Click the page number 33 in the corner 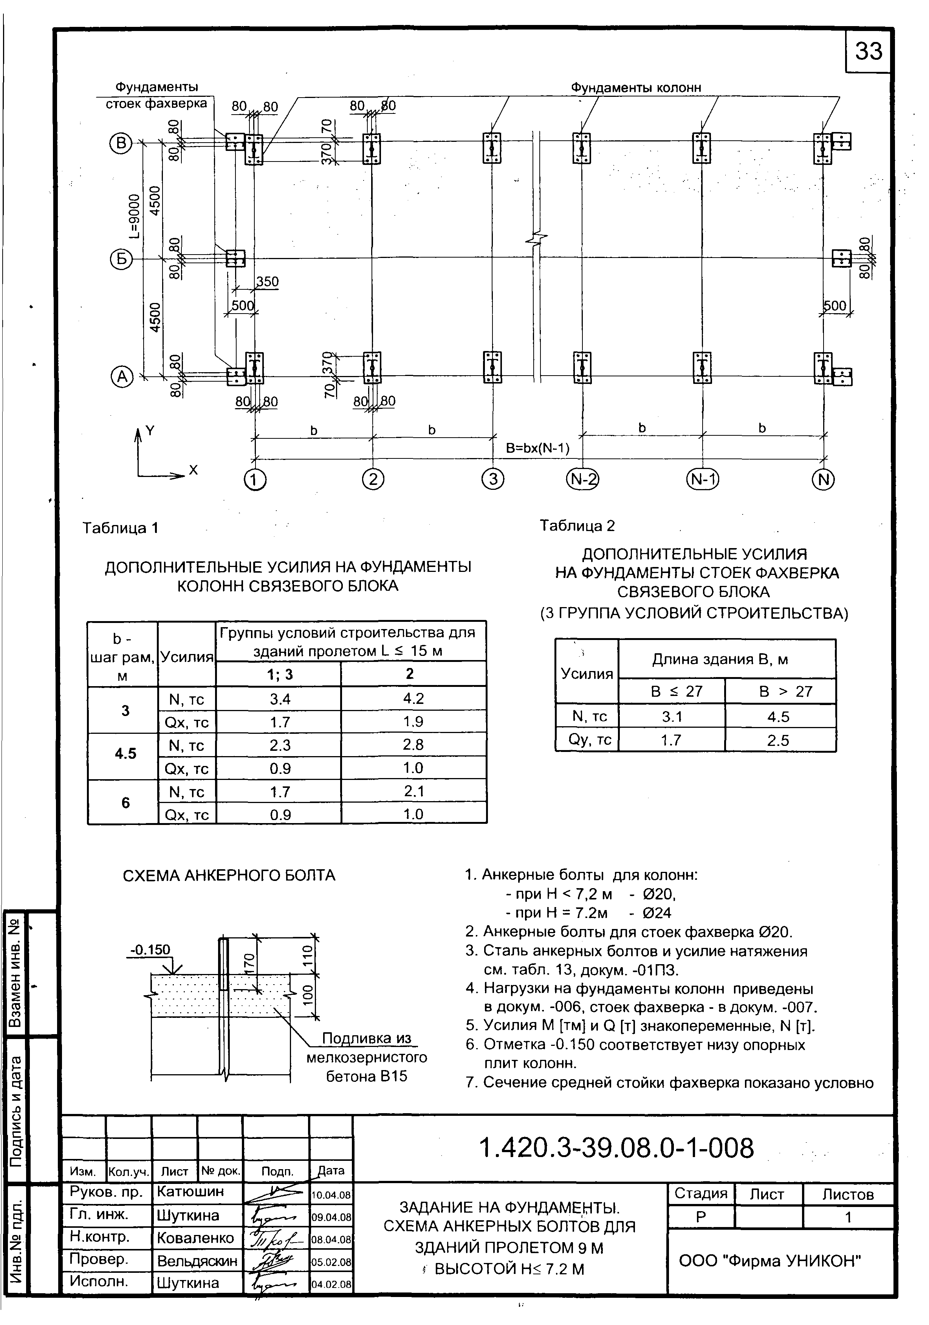pyautogui.click(x=869, y=51)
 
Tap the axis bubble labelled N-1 pyautogui.click(x=703, y=480)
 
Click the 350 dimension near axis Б pyautogui.click(x=267, y=282)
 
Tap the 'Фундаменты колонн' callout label pyautogui.click(x=636, y=88)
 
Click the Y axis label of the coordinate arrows pyautogui.click(x=150, y=430)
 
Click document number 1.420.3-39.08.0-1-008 pyautogui.click(x=616, y=1148)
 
